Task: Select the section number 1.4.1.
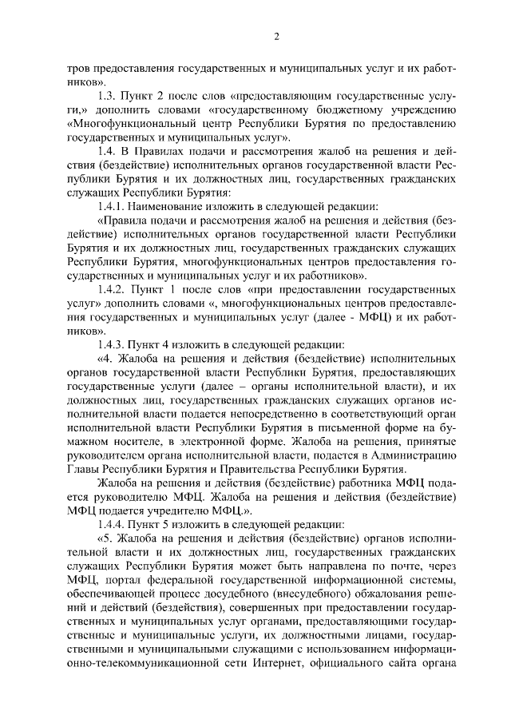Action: [111, 206]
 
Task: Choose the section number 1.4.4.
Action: [112, 524]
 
